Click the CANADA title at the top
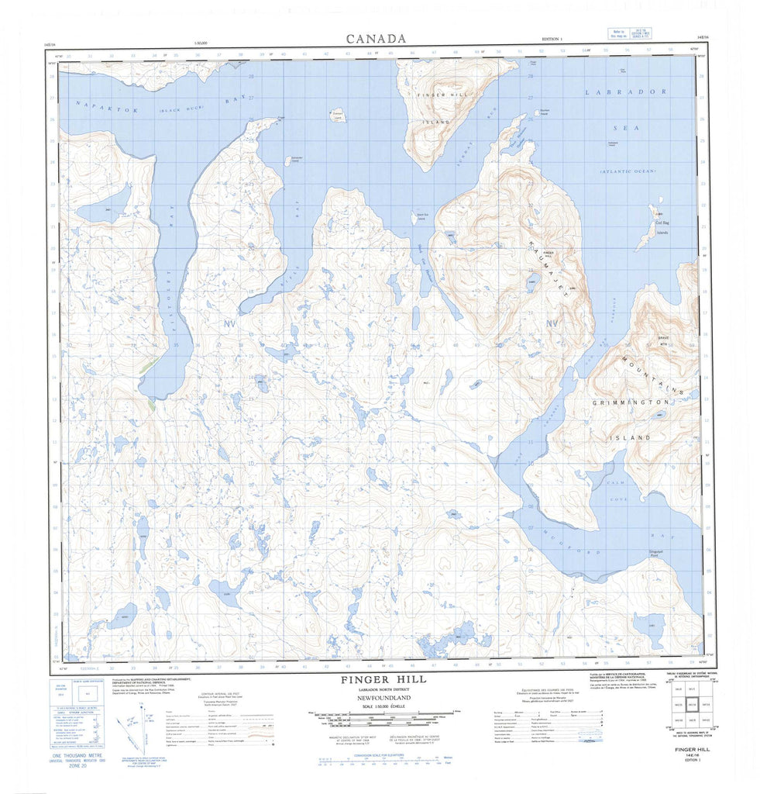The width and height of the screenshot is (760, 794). tap(376, 38)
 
